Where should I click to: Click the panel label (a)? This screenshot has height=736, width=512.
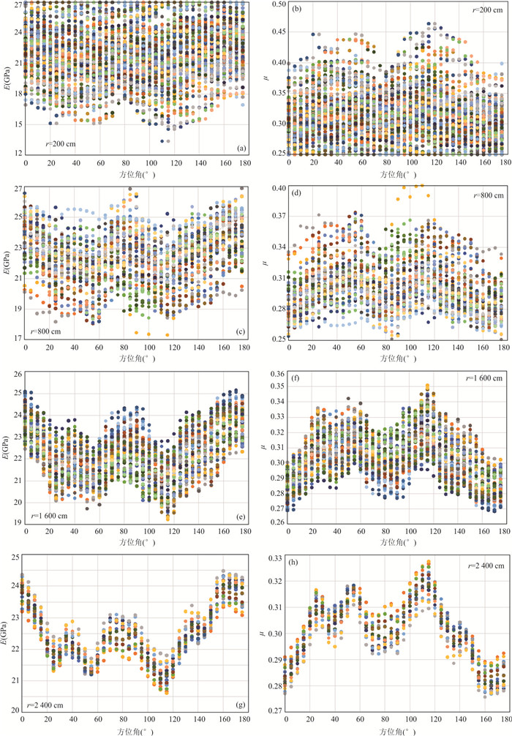pyautogui.click(x=239, y=149)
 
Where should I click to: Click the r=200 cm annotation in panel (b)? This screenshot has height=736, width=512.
pyautogui.click(x=486, y=13)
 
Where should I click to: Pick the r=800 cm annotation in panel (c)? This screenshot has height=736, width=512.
pyautogui.click(x=45, y=331)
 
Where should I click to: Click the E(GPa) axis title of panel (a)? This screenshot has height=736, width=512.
pyautogui.click(x=7, y=78)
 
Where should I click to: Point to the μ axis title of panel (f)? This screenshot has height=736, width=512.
pyautogui.click(x=268, y=446)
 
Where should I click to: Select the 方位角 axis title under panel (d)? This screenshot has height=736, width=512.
pyautogui.click(x=396, y=359)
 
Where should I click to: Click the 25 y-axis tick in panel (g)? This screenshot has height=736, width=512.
pyautogui.click(x=16, y=558)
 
